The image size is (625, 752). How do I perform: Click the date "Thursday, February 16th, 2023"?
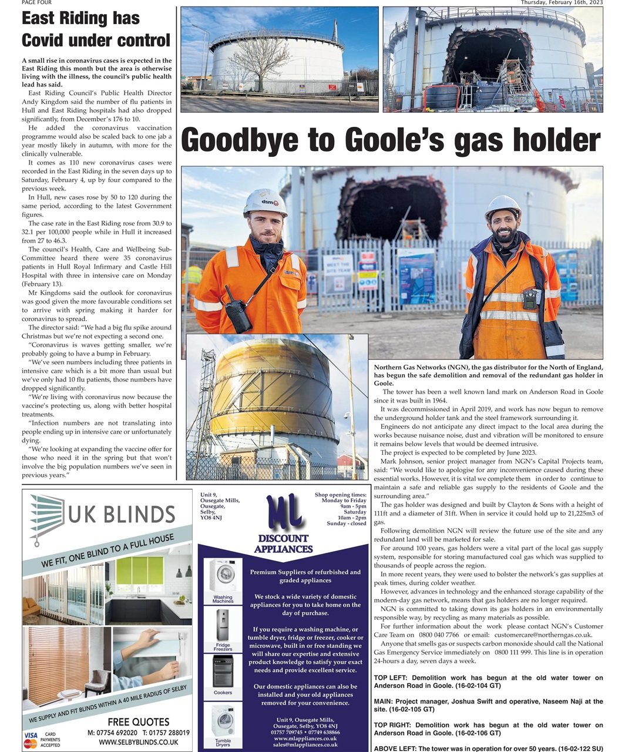pos(562,3)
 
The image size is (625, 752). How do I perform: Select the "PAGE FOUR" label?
pos(36,3)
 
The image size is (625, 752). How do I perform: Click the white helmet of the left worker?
pos(265,203)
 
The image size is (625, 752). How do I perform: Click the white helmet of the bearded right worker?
pos(502,207)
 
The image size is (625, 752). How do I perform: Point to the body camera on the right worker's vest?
pos(530,298)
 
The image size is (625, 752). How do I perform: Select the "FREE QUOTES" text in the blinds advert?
pos(139,722)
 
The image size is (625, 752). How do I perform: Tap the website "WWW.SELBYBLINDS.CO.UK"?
pos(139,743)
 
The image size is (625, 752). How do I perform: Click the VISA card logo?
pos(31,736)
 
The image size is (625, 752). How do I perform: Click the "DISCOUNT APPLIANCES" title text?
pos(284,543)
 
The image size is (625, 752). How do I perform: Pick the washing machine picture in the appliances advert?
pos(223,576)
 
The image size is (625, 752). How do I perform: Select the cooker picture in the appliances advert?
pos(223,671)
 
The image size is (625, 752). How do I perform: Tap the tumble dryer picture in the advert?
pos(223,721)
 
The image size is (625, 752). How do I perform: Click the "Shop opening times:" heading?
pos(341,495)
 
